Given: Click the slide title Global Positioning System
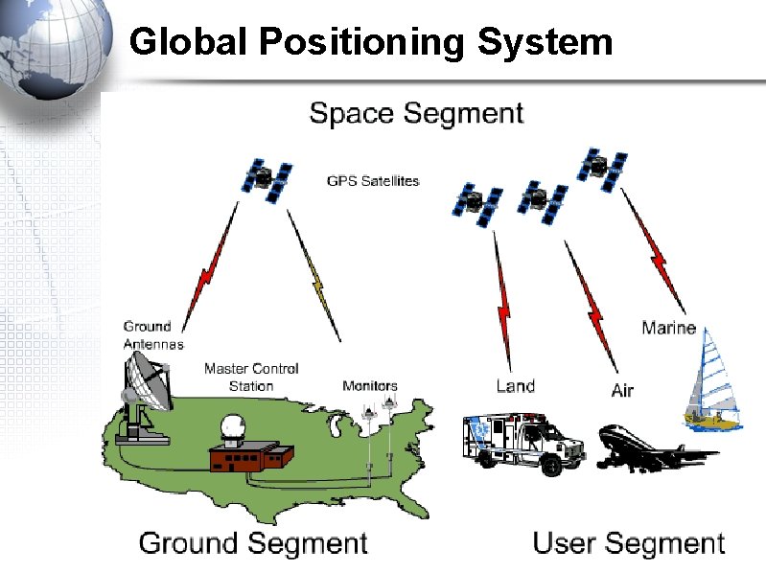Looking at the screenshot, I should [x=370, y=41].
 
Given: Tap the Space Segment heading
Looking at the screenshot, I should [x=416, y=113].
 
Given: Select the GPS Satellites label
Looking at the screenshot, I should [x=373, y=180].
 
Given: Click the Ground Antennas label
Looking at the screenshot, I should [x=152, y=335].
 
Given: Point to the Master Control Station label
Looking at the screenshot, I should [x=251, y=377].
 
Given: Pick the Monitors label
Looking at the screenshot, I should [x=370, y=386].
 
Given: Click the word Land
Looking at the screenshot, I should [x=515, y=386].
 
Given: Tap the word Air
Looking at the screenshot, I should [x=622, y=390].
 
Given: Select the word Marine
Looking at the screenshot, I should [x=668, y=328].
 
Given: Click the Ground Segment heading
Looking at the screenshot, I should [x=253, y=543].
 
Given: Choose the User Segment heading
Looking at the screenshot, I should [x=628, y=543].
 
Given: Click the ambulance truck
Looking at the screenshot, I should [x=522, y=443].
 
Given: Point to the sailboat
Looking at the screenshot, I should [x=710, y=379].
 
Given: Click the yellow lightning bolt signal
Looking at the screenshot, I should [x=314, y=278].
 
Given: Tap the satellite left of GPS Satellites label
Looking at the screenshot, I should [x=267, y=180].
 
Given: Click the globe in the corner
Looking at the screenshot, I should [x=54, y=48].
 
